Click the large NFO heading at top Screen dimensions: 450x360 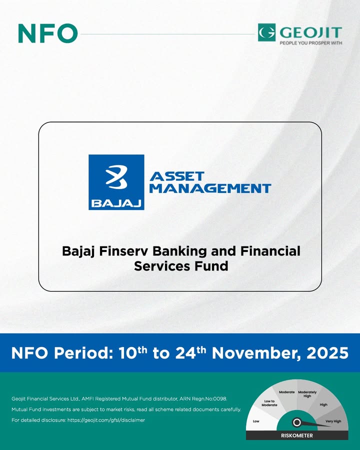47,33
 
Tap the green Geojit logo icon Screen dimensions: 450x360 266,32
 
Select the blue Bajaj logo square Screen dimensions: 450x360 116,182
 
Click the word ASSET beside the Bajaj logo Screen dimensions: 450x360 177,176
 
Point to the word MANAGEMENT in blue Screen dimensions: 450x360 210,188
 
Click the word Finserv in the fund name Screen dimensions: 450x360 126,250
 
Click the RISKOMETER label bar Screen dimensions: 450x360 296,435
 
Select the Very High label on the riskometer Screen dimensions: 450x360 333,421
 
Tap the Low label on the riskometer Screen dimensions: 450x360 256,421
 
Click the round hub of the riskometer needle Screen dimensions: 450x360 296,422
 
